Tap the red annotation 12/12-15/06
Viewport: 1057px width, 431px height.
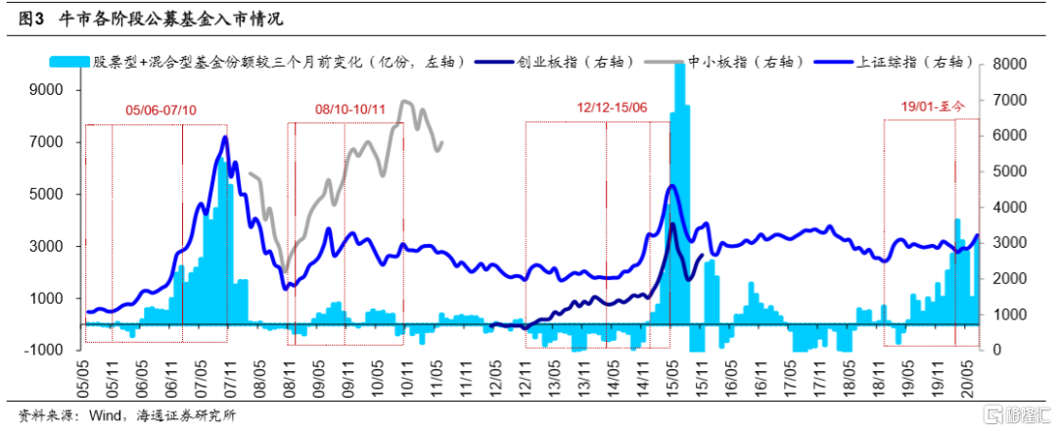610,105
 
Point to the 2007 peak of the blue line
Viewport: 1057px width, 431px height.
226,137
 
